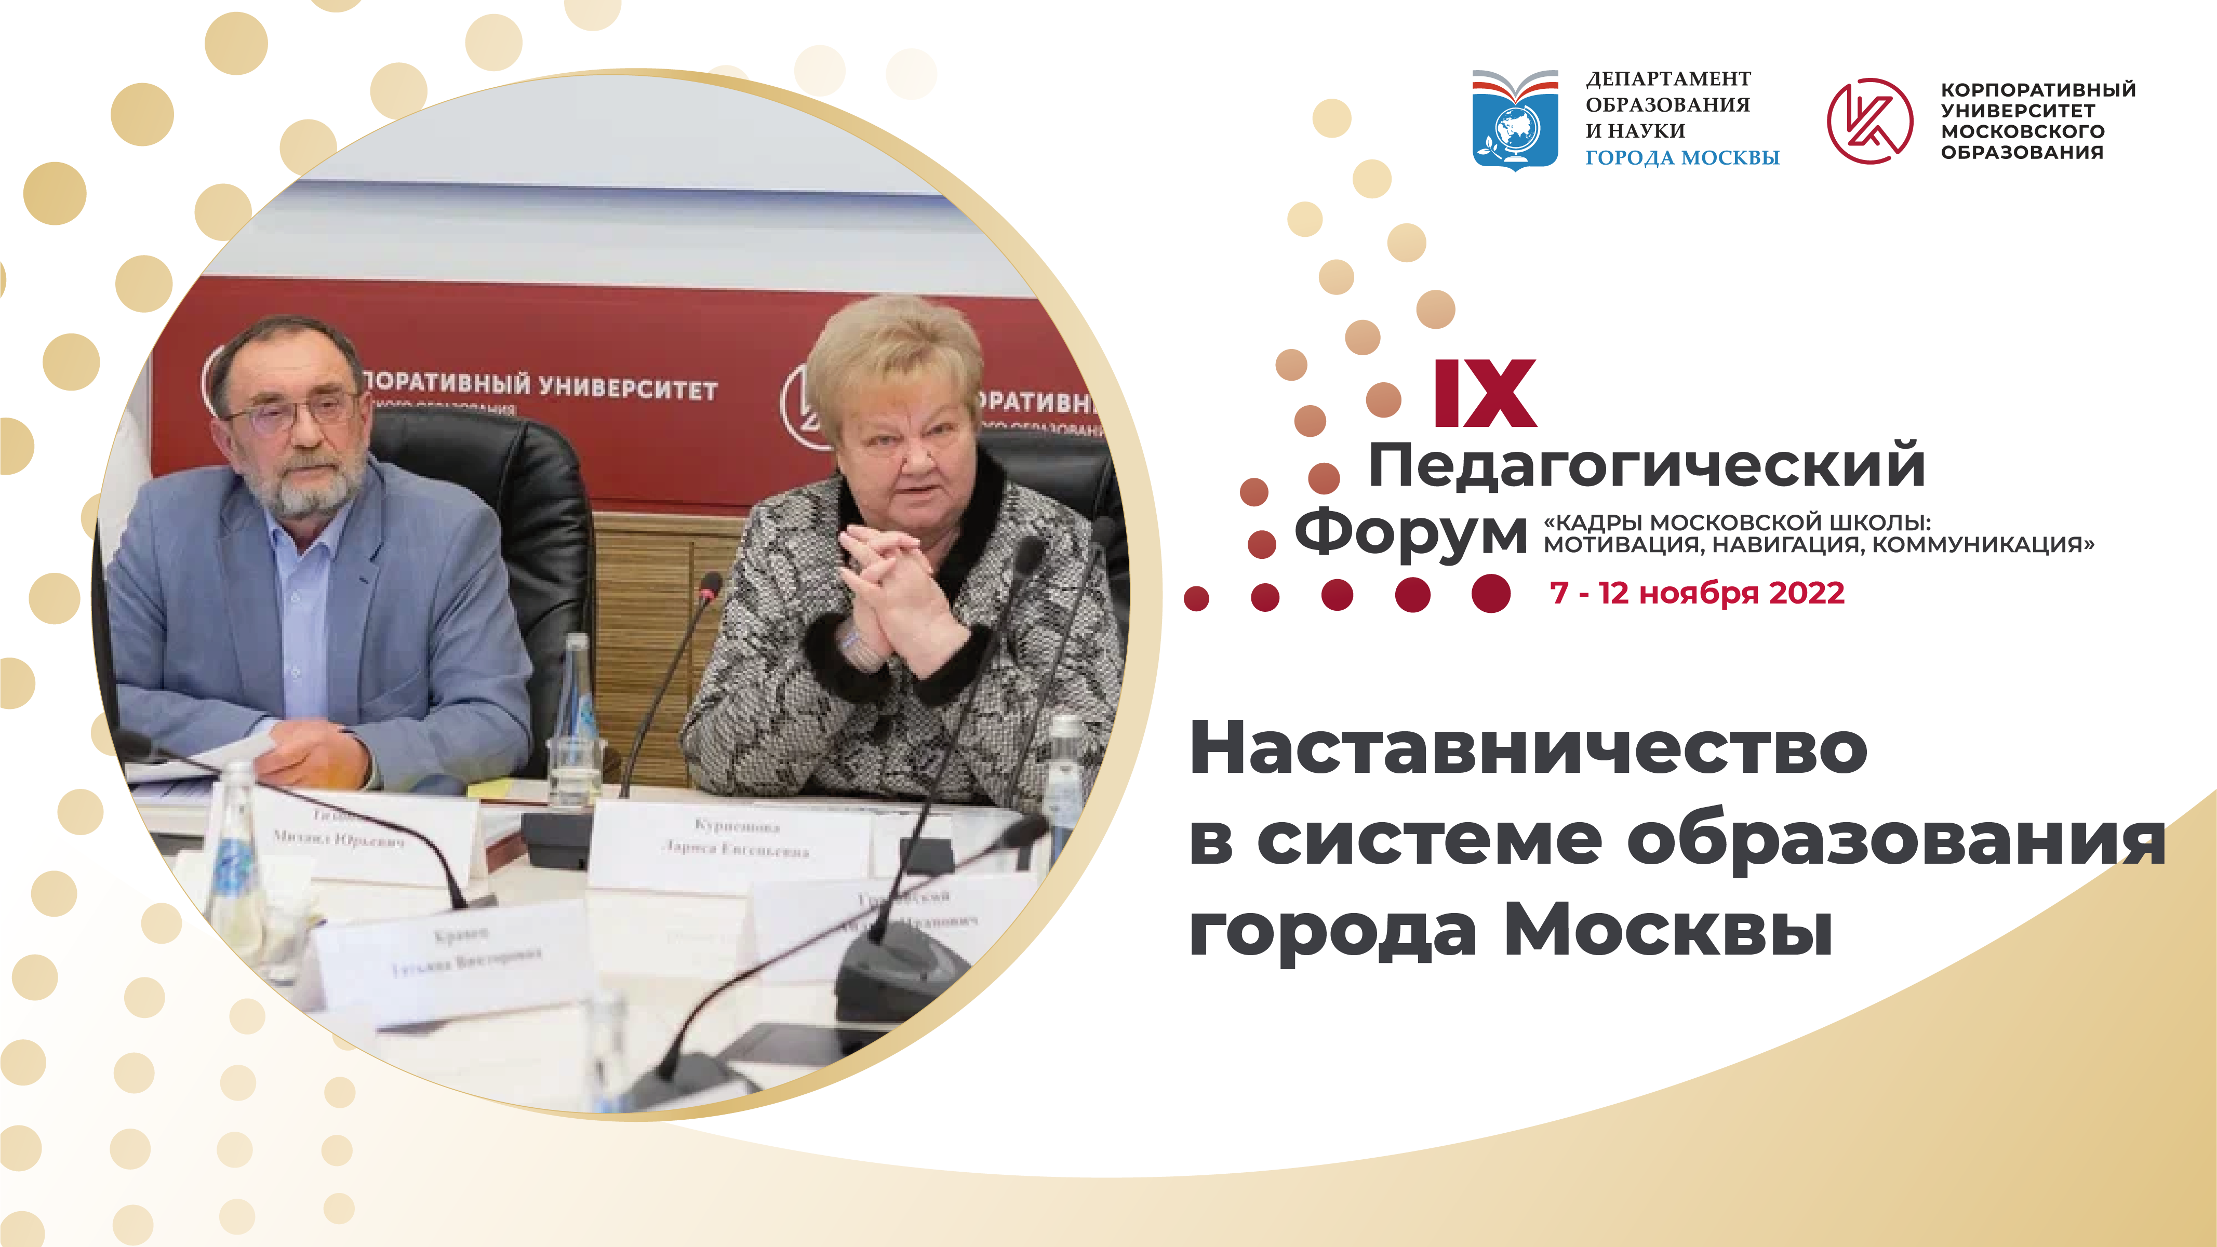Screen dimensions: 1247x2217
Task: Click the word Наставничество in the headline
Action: point(1528,749)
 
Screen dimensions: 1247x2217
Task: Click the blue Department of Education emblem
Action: point(1515,119)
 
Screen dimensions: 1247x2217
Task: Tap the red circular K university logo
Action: point(1869,120)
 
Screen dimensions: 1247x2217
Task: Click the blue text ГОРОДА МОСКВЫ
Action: point(1681,157)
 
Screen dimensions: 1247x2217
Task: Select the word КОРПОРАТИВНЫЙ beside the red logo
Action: point(2037,89)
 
